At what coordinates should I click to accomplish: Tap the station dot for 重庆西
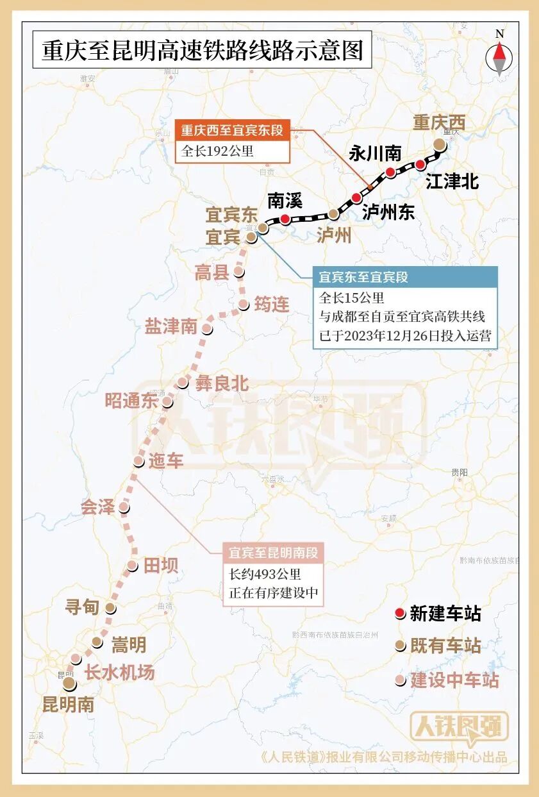pyautogui.click(x=439, y=145)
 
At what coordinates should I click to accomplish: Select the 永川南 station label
pyautogui.click(x=376, y=154)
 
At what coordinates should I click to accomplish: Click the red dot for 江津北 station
pyautogui.click(x=420, y=164)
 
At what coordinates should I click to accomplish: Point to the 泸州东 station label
pyautogui.click(x=388, y=212)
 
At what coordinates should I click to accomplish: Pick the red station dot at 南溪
pyautogui.click(x=285, y=219)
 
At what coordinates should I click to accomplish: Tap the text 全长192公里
pyautogui.click(x=218, y=151)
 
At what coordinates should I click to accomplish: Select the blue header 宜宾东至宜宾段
pyautogui.click(x=364, y=278)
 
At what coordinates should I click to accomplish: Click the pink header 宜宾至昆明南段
pyautogui.click(x=273, y=553)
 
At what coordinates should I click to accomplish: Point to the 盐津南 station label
pyautogui.click(x=171, y=326)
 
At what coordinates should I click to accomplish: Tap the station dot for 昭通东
pyautogui.click(x=167, y=402)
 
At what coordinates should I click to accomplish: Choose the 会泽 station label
pyautogui.click(x=97, y=508)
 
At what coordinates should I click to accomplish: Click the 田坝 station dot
pyautogui.click(x=132, y=566)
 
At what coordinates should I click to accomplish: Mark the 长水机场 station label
pyautogui.click(x=120, y=673)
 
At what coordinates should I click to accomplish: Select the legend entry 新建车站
pyautogui.click(x=445, y=614)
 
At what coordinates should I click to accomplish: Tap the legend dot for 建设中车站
pyautogui.click(x=400, y=680)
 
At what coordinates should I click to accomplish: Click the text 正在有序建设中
pyautogui.click(x=274, y=593)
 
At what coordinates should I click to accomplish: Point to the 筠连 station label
pyautogui.click(x=272, y=304)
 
